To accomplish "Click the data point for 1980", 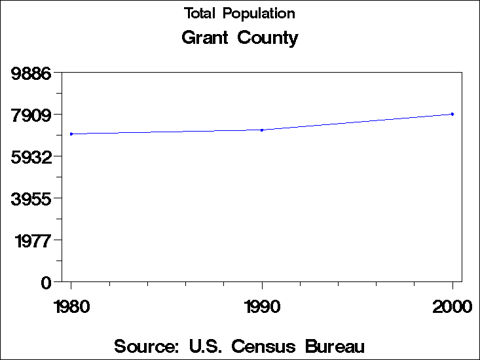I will tap(71, 134).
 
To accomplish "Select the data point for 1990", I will tap(262, 130).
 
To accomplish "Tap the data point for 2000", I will tap(452, 114).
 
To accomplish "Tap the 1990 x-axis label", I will tap(262, 306).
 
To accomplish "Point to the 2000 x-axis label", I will tap(452, 306).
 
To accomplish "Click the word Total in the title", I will tap(200, 13).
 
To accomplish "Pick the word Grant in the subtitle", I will tap(205, 37).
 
